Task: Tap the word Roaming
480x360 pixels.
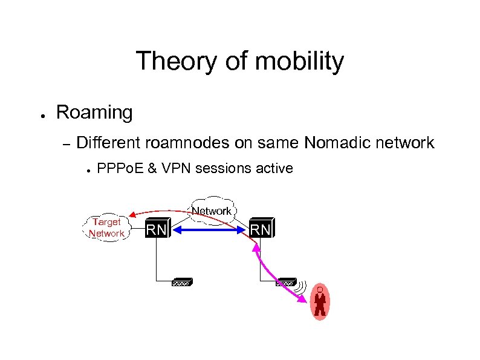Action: tap(94, 112)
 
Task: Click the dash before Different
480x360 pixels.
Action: tap(67, 144)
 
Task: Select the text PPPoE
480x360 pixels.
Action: tap(121, 168)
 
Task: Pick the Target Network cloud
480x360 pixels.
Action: tap(106, 227)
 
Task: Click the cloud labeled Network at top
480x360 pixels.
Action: tap(212, 211)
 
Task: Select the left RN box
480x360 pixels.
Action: tap(158, 229)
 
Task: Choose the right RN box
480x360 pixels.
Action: tap(261, 229)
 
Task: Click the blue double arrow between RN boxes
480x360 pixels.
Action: tap(209, 230)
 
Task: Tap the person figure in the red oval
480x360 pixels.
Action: tap(320, 301)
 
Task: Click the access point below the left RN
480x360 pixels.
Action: tap(182, 282)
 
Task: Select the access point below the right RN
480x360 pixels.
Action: tap(285, 282)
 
